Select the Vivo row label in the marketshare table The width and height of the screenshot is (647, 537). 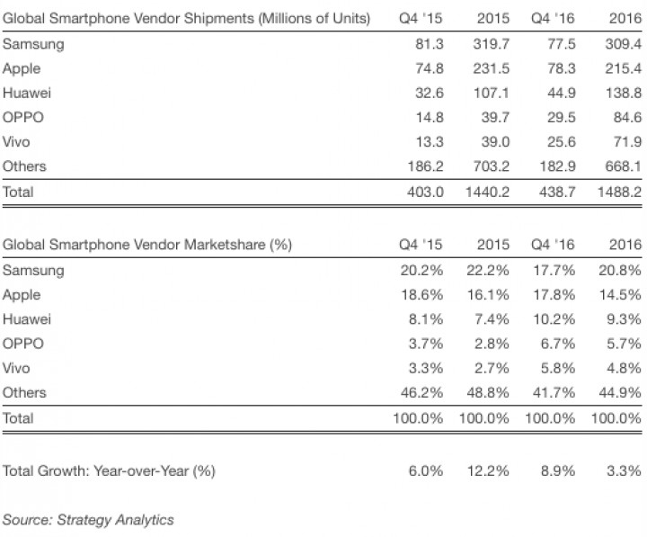click(x=19, y=368)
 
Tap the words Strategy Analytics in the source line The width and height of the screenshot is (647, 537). click(x=115, y=520)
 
